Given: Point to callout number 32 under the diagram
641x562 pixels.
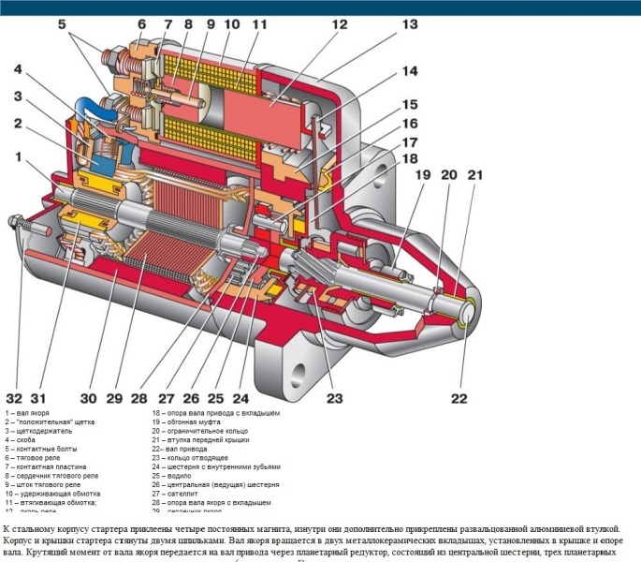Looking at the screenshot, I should pos(15,396).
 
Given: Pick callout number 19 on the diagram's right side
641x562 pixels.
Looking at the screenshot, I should pos(422,174).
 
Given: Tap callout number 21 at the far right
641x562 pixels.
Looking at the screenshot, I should pos(475,174).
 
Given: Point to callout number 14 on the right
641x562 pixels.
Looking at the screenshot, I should pos(410,70).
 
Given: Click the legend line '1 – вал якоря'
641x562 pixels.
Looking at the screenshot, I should pos(27,412).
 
